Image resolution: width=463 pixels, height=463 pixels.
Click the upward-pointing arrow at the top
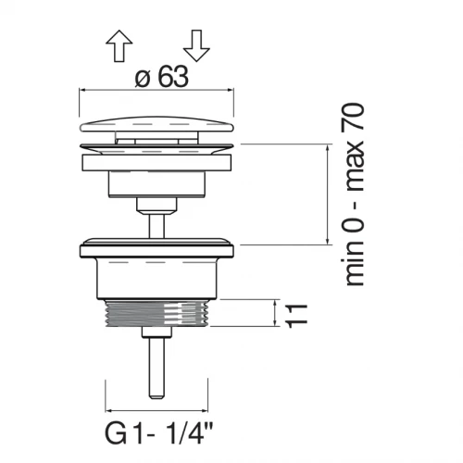pos(119,45)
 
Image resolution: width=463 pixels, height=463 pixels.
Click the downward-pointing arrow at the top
pos(196,45)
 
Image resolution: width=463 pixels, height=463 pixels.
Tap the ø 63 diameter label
pos(161,77)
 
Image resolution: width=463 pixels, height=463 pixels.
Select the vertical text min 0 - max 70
pos(354,194)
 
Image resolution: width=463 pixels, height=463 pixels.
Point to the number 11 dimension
pos(297,316)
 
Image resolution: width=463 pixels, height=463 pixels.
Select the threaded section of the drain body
pos(156,312)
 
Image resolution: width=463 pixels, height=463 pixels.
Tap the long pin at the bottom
pos(156,368)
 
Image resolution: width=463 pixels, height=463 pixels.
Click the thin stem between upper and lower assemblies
pos(156,225)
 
